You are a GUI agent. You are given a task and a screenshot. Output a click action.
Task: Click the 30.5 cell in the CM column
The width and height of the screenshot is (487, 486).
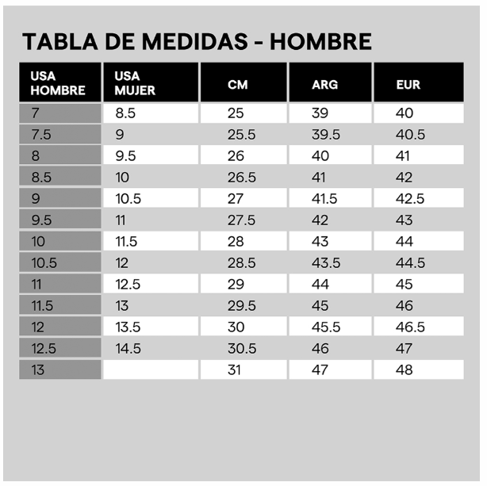click(x=242, y=348)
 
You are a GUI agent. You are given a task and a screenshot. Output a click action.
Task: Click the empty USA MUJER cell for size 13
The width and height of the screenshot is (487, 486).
click(x=150, y=369)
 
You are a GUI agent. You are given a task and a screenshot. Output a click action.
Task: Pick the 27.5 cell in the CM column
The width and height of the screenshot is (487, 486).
click(x=242, y=220)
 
